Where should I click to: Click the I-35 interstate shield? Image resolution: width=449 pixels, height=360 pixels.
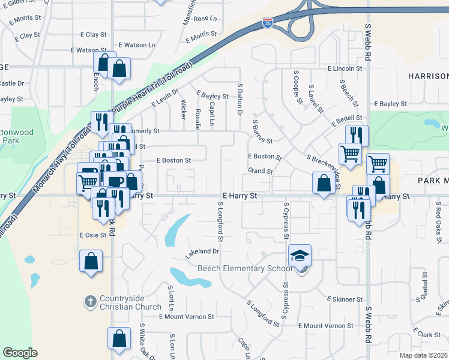click(267, 24)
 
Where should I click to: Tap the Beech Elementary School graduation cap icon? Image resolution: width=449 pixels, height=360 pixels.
click(300, 256)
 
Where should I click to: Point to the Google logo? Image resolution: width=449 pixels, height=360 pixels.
click(20, 352)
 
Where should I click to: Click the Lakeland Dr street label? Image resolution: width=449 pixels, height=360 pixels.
click(202, 251)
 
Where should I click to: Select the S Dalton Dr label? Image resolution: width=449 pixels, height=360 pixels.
click(240, 100)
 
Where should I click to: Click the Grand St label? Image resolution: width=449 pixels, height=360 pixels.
click(260, 172)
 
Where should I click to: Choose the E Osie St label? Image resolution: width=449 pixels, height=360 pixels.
click(92, 235)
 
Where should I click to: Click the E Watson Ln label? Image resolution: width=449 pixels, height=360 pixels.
click(136, 45)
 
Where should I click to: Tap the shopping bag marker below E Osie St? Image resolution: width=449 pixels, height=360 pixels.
click(91, 261)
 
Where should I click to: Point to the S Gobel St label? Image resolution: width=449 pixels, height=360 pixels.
click(424, 285)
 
